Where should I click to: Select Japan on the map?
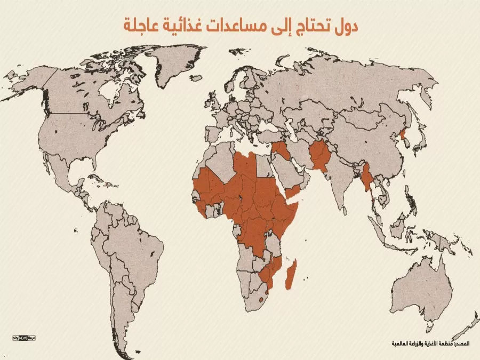click(421, 138)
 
